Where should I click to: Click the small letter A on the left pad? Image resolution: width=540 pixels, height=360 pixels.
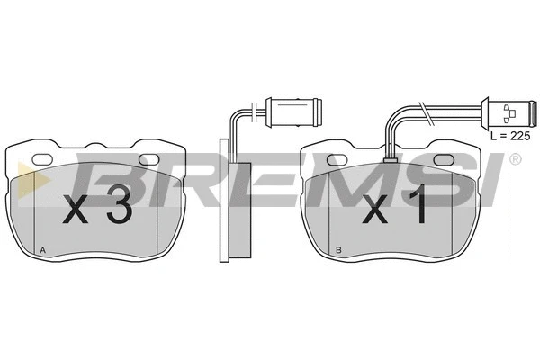pos(42,250)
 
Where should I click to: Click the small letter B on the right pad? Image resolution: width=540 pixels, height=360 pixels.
pos(338,250)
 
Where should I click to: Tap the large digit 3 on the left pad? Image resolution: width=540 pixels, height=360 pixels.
pos(119,204)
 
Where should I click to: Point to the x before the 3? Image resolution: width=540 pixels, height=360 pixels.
pos(76,210)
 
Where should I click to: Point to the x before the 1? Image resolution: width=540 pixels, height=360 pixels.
pos(375,210)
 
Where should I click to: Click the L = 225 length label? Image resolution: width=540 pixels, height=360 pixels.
pos(510,136)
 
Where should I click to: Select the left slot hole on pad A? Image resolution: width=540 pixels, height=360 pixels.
pos(42,159)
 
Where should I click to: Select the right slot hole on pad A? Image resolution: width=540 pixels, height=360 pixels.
pos(148,159)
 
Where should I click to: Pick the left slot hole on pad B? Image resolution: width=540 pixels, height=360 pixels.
pos(337,159)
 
